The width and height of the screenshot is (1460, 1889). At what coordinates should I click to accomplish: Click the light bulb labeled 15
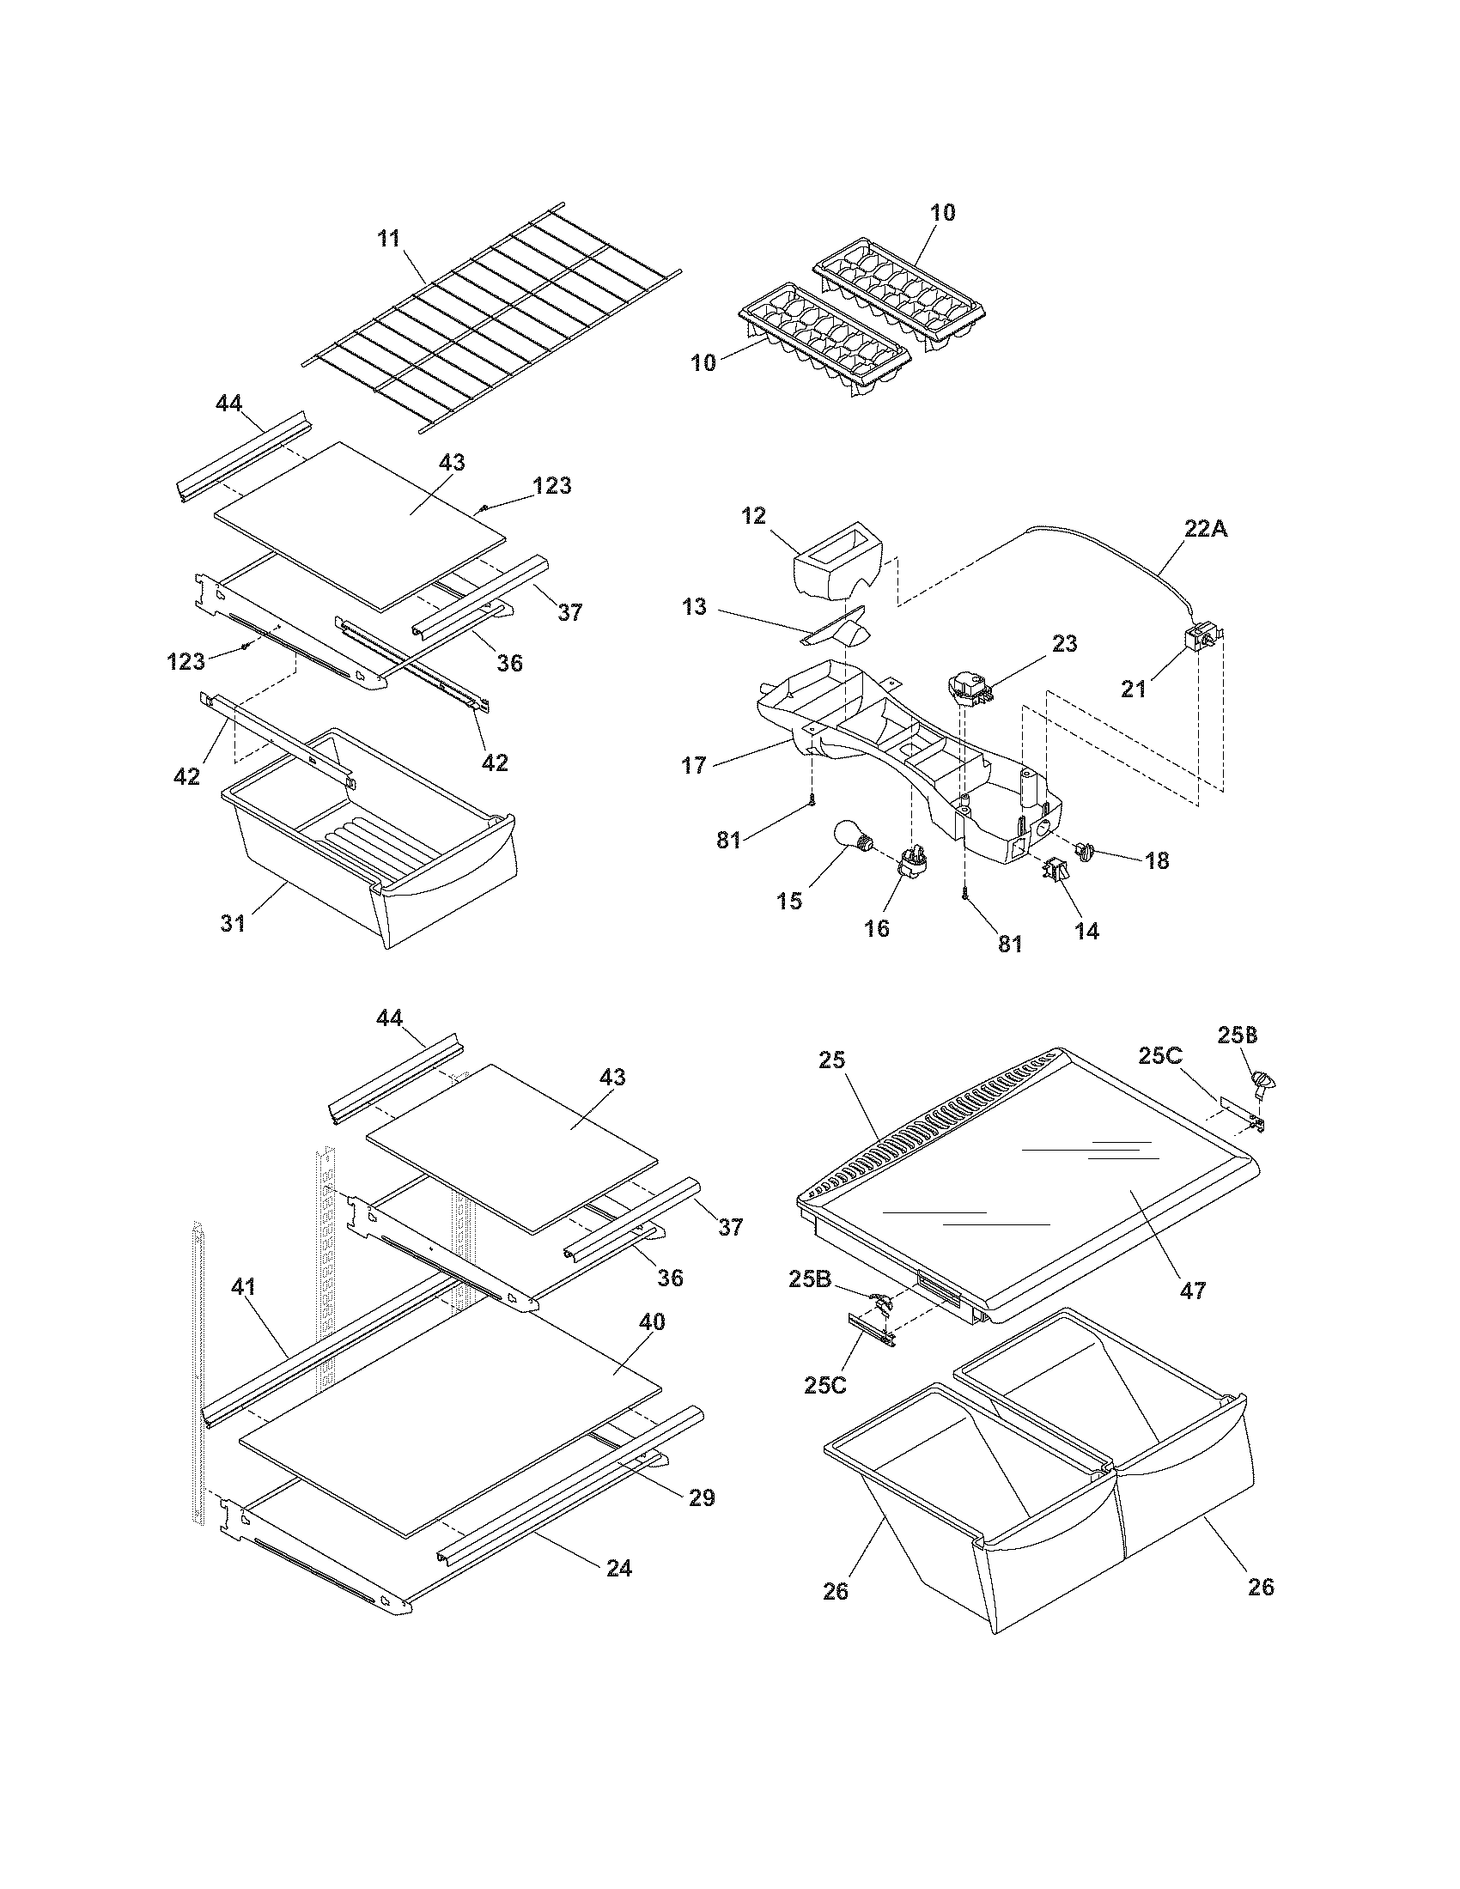(851, 837)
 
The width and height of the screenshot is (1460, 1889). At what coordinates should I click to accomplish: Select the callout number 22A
(1205, 529)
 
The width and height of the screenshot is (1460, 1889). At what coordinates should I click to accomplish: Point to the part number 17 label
(694, 764)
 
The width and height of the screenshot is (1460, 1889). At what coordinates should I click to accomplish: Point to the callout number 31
(233, 923)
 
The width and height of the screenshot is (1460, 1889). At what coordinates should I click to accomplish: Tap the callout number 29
(702, 1497)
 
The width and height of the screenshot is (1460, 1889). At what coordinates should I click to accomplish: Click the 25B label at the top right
(1238, 1035)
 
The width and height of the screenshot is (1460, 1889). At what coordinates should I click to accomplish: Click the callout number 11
(389, 239)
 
